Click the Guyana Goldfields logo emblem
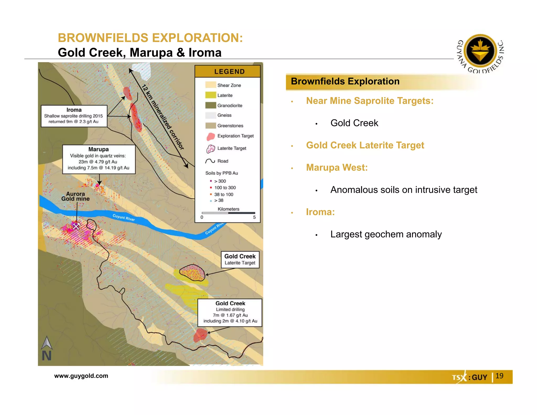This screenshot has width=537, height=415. (x=480, y=51)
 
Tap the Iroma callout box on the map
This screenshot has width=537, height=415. (x=74, y=116)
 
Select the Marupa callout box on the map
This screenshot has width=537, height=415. (x=99, y=159)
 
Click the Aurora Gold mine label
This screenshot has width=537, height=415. (x=76, y=196)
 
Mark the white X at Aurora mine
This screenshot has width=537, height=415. (x=76, y=226)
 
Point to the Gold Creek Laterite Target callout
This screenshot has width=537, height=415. (x=240, y=259)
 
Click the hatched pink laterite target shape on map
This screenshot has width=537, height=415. (x=192, y=273)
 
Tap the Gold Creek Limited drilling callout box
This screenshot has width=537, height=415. (x=230, y=312)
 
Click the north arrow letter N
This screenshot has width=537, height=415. (x=47, y=356)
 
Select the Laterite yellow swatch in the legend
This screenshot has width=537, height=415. (x=210, y=95)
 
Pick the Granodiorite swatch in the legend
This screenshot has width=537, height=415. (x=210, y=105)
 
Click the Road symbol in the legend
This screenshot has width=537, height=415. (x=210, y=161)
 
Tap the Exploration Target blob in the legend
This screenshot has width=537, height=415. (x=211, y=136)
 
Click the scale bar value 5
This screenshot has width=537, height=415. (x=254, y=217)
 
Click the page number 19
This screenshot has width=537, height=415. (x=499, y=376)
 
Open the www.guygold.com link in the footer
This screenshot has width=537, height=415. (x=81, y=376)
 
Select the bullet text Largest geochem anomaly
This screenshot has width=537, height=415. (x=386, y=234)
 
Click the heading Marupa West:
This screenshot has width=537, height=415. (x=337, y=167)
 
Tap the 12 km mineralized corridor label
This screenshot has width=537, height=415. (x=163, y=117)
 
